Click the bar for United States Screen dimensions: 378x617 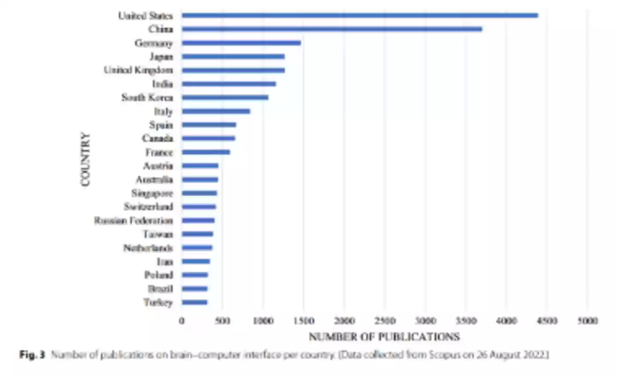click(360, 15)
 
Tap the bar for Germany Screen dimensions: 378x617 click(241, 43)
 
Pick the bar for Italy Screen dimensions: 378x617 click(216, 111)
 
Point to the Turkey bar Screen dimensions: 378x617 click(194, 302)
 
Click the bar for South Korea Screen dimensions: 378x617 click(225, 98)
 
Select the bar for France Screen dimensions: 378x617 click(206, 152)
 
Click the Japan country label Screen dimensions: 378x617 click(161, 57)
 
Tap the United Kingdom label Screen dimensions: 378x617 click(138, 70)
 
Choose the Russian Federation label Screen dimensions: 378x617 click(133, 220)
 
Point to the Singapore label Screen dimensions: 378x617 click(152, 193)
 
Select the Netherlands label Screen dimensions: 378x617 click(148, 248)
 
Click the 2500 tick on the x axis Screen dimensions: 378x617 click(384, 320)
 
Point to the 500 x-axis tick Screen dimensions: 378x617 click(222, 320)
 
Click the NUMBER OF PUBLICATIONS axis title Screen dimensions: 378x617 click(384, 337)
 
